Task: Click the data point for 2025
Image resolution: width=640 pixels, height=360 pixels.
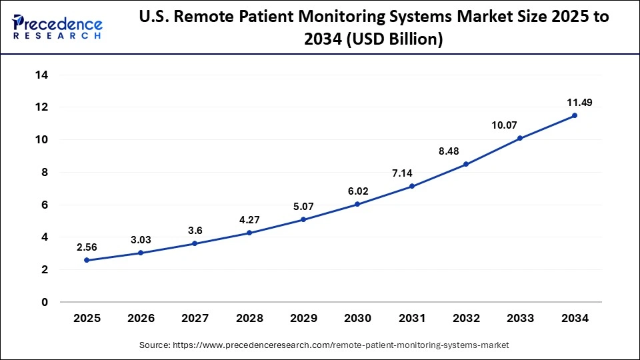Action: (87, 260)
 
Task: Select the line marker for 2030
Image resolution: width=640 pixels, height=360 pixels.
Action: (357, 204)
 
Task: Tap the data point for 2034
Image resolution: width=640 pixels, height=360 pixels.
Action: (575, 115)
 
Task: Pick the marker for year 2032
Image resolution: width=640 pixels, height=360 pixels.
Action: (466, 164)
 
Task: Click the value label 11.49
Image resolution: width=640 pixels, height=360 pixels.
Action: (579, 102)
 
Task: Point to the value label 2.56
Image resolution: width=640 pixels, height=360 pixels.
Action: (87, 247)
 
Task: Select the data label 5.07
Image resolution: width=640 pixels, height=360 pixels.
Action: (303, 206)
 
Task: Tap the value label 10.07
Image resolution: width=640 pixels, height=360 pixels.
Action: (504, 125)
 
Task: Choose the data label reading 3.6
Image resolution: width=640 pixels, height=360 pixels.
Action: (195, 230)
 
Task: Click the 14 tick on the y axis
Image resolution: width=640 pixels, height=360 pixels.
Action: (41, 75)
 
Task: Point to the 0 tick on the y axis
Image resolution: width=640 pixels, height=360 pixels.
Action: (44, 302)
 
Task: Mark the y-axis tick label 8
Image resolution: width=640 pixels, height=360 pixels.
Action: (44, 172)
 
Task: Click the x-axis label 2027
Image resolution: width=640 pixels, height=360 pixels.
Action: (195, 319)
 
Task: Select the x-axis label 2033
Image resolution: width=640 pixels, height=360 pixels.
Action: (521, 319)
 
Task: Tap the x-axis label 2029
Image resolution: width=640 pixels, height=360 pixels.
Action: (303, 319)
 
